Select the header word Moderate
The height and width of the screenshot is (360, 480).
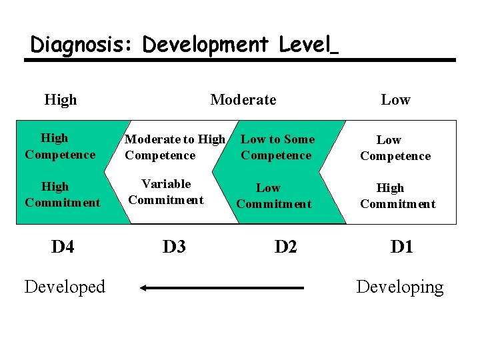pyautogui.click(x=243, y=100)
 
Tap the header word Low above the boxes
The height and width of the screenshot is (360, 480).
pyautogui.click(x=395, y=100)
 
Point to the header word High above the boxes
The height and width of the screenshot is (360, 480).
pyautogui.click(x=61, y=100)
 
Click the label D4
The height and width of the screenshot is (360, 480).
pyautogui.click(x=63, y=247)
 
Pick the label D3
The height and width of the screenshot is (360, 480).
pyautogui.click(x=174, y=247)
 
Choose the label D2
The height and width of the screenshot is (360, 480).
pyautogui.click(x=285, y=247)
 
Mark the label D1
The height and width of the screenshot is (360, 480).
pyautogui.click(x=401, y=247)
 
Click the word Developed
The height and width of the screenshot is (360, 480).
pyautogui.click(x=65, y=287)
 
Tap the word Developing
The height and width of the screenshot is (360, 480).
pyautogui.click(x=399, y=287)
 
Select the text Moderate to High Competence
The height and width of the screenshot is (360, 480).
pyautogui.click(x=175, y=147)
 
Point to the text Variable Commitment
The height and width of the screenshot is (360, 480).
pyautogui.click(x=166, y=192)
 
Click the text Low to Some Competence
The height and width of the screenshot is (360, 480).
pyautogui.click(x=277, y=147)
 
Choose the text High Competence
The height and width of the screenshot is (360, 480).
pyautogui.click(x=59, y=147)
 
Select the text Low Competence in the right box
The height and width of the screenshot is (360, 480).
pyautogui.click(x=395, y=148)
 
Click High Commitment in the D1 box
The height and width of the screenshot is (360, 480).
pyautogui.click(x=397, y=196)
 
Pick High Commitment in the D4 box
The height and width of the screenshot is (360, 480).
pyautogui.click(x=62, y=195)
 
